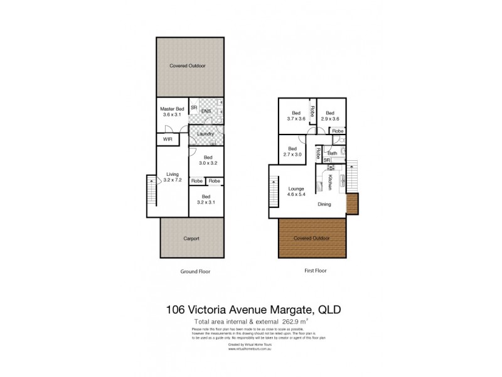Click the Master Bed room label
pos(172,112)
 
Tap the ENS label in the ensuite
pos(206,111)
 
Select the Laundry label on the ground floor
pos(205,134)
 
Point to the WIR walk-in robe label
pos(168,139)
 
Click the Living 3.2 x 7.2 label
pos(172,177)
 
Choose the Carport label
pos(191,239)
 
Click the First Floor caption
pos(312,271)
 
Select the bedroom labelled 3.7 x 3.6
pos(296,116)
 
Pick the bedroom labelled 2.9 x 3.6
pos(330,116)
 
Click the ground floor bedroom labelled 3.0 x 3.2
pos(208,160)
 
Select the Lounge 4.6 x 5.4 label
pos(296,192)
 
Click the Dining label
pos(324,204)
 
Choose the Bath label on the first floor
pos(333,153)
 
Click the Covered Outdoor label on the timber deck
pos(312,239)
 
